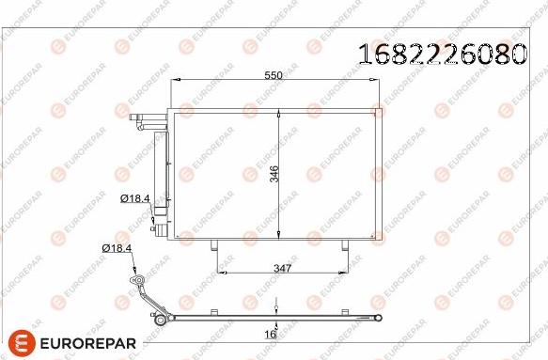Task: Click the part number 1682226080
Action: click(443, 55)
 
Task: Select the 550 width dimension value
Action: click(274, 75)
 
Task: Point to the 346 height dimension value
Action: click(275, 174)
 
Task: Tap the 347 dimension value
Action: click(282, 269)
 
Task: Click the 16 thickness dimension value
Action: click(270, 335)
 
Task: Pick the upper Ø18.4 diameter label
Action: click(135, 198)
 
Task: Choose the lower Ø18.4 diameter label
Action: click(117, 248)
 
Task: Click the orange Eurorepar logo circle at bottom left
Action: click(22, 343)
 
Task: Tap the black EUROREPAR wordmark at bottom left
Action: click(88, 343)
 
